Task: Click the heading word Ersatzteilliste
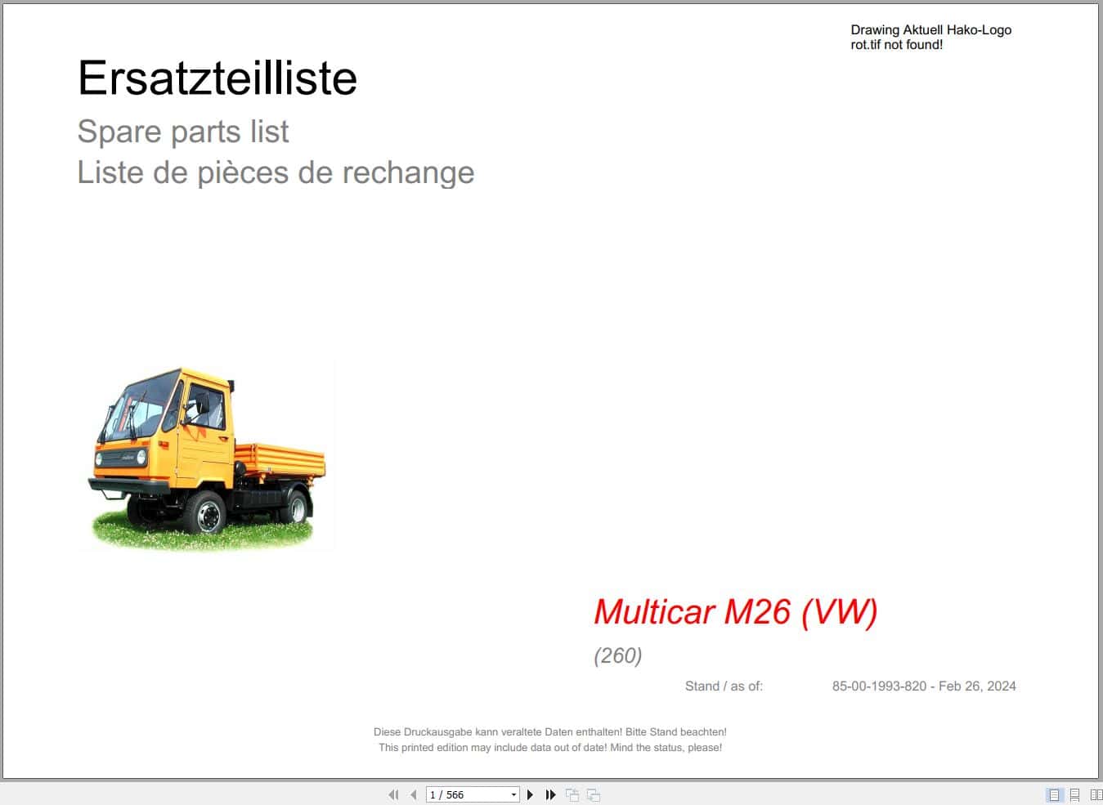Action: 217,78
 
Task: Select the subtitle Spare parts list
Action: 182,132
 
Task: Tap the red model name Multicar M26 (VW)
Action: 735,611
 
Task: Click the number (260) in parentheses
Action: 617,655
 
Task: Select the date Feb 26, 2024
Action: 977,686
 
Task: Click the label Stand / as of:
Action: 724,686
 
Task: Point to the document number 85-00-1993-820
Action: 879,686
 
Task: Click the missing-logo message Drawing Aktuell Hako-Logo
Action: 930,30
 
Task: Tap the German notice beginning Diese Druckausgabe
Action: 549,732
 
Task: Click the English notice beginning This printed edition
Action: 549,748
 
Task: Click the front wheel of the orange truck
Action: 205,512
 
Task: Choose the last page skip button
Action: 551,794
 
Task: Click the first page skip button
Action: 393,794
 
